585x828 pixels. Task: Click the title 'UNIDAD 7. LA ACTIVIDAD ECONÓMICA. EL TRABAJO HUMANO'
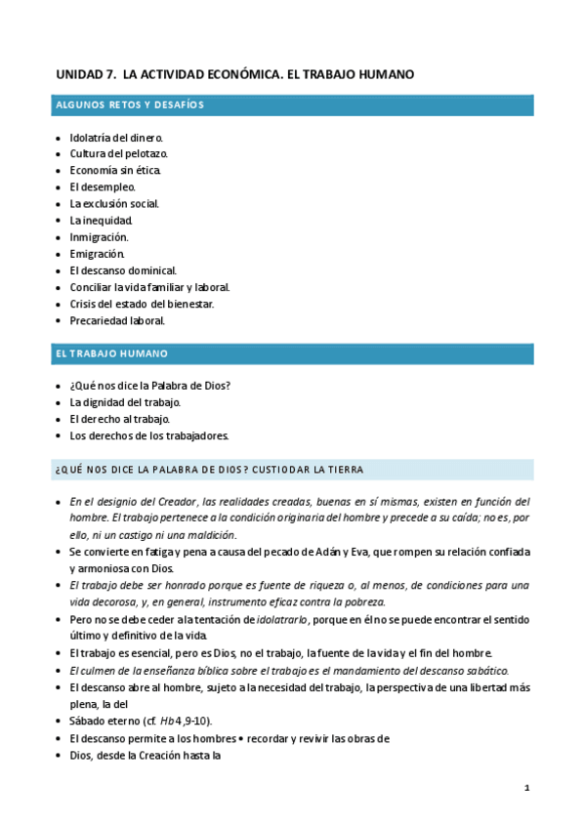[x=235, y=73]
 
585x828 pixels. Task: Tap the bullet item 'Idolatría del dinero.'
[x=116, y=138]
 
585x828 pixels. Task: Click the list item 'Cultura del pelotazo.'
[x=118, y=154]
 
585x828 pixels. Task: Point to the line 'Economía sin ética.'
[x=115, y=171]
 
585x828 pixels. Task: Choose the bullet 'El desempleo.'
[x=103, y=187]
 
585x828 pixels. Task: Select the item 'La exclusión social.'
[x=114, y=204]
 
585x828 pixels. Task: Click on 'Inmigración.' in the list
[x=99, y=237]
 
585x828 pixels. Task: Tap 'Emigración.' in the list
[x=98, y=254]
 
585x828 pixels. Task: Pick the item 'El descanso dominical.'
[x=123, y=270]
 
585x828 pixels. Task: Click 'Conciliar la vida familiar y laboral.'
[x=149, y=287]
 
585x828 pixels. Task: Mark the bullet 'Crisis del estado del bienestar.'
[x=142, y=304]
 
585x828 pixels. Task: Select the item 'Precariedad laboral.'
[x=117, y=320]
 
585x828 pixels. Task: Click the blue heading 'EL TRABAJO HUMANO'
[x=111, y=352]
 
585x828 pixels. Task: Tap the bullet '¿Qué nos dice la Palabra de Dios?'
[x=149, y=386]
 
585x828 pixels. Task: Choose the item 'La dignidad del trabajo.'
[x=125, y=402]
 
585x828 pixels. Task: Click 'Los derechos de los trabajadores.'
[x=148, y=435]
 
